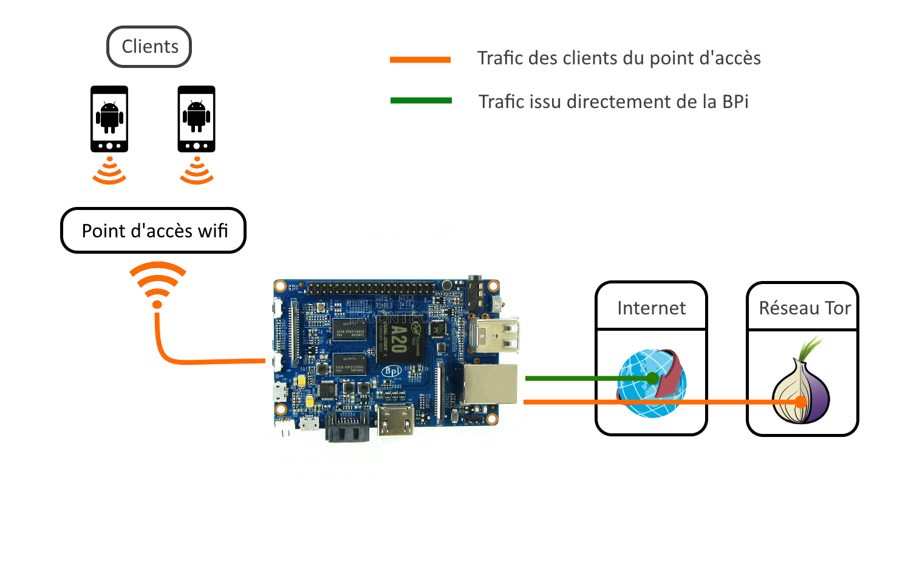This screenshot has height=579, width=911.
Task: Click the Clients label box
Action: click(x=149, y=47)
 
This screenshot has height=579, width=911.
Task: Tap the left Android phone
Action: click(x=109, y=118)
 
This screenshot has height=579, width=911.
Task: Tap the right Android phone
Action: click(x=196, y=118)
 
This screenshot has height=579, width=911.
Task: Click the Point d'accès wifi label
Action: click(x=154, y=231)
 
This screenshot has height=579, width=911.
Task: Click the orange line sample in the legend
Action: click(x=420, y=59)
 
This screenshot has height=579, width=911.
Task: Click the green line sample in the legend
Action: click(x=421, y=101)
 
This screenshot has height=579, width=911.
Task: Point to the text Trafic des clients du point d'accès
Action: click(x=618, y=58)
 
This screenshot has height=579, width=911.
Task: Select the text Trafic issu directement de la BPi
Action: click(x=613, y=101)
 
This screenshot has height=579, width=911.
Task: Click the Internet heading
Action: click(x=651, y=308)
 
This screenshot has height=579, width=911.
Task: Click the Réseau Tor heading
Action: click(x=804, y=308)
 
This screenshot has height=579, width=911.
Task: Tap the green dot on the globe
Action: click(x=652, y=379)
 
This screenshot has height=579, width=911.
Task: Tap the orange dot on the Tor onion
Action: click(x=801, y=402)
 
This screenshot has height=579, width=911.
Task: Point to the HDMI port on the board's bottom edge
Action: click(x=396, y=421)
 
